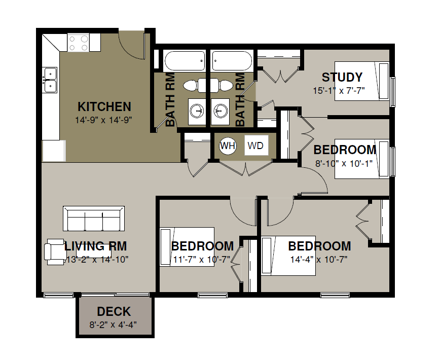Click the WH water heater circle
228,146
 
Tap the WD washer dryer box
256,146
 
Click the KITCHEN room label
104,106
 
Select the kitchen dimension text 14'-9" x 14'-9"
103,120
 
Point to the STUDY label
342,77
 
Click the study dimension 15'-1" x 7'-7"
339,91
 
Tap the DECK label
114,311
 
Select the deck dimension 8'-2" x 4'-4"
113,325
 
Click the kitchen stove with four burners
78,43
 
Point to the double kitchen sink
50,80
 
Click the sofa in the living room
94,219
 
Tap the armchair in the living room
54,251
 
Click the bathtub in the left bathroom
185,61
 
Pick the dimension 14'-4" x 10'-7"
319,260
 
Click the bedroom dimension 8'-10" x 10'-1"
344,163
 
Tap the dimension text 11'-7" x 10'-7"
201,260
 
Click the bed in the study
362,81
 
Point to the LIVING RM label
96,246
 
